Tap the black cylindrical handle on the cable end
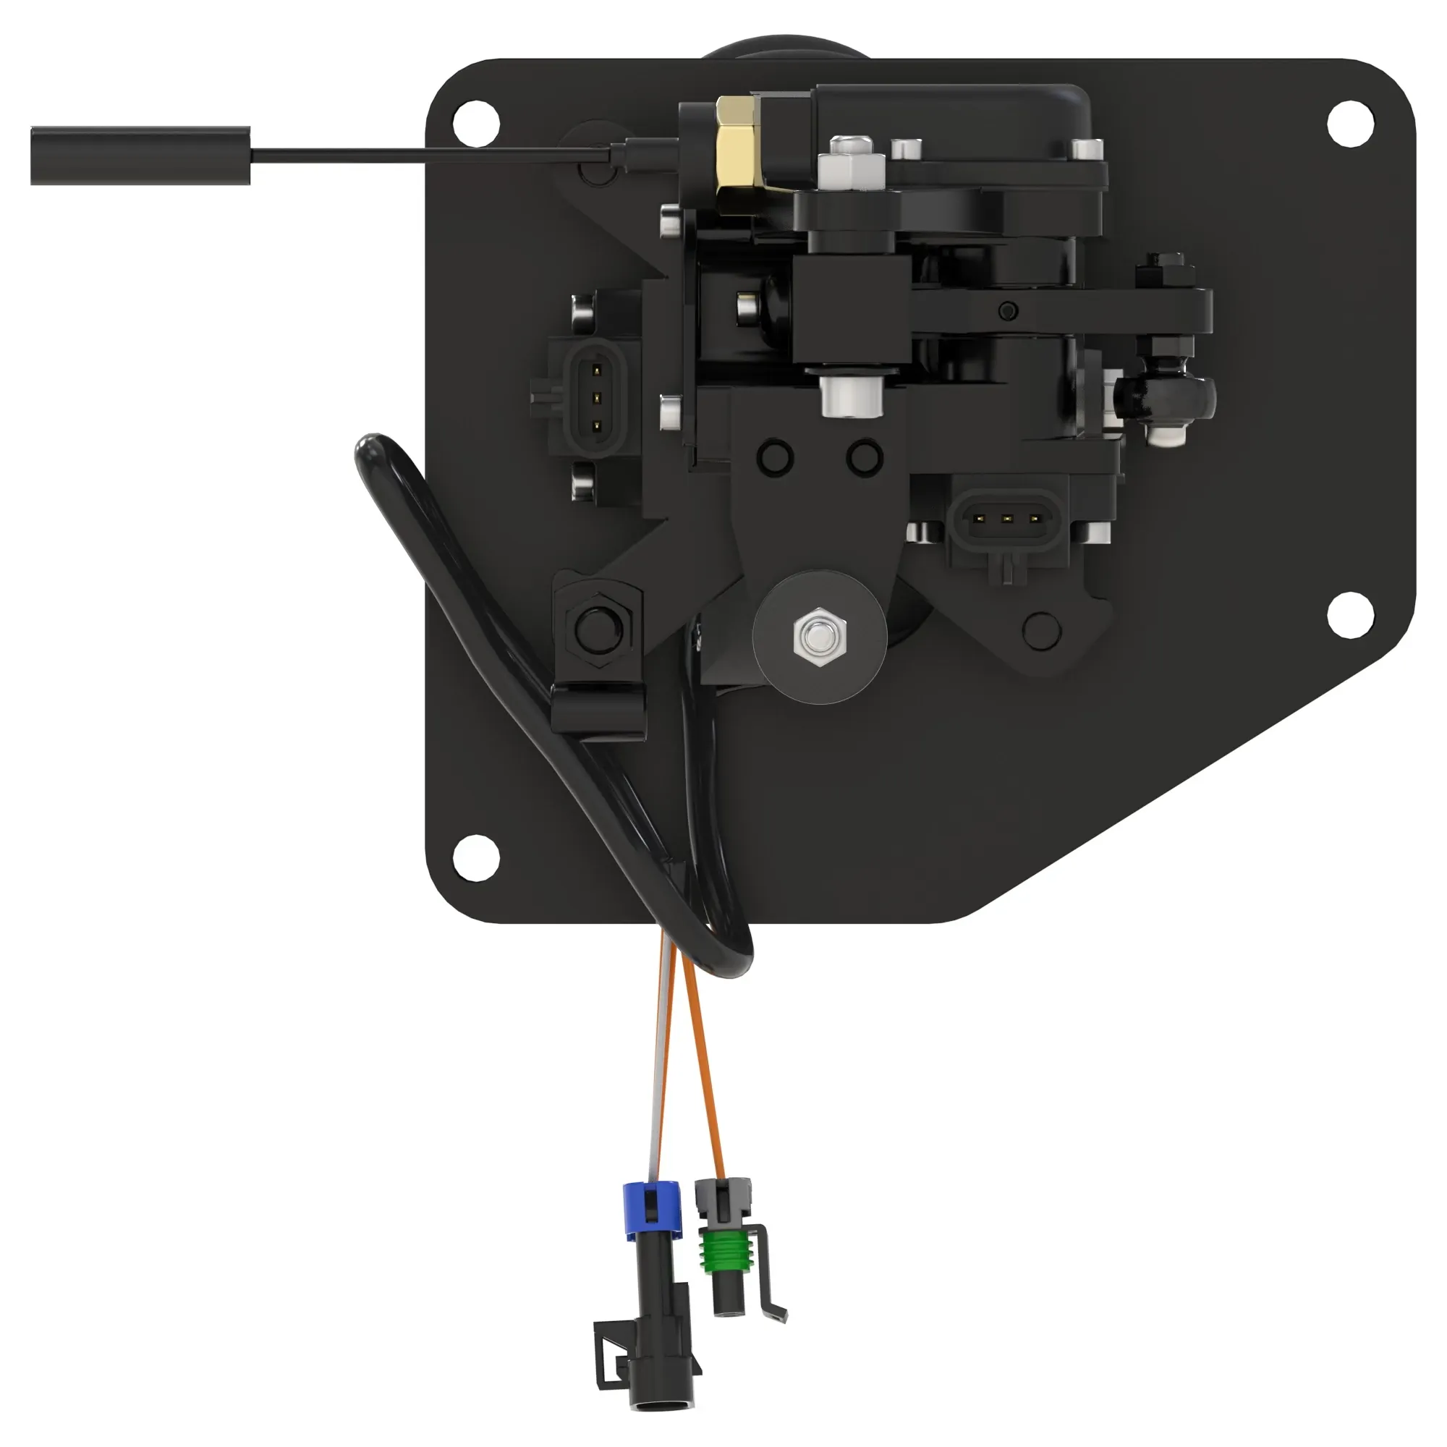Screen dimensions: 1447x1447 point(140,155)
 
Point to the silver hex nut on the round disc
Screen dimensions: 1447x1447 point(820,636)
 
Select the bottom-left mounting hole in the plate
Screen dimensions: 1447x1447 point(476,857)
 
